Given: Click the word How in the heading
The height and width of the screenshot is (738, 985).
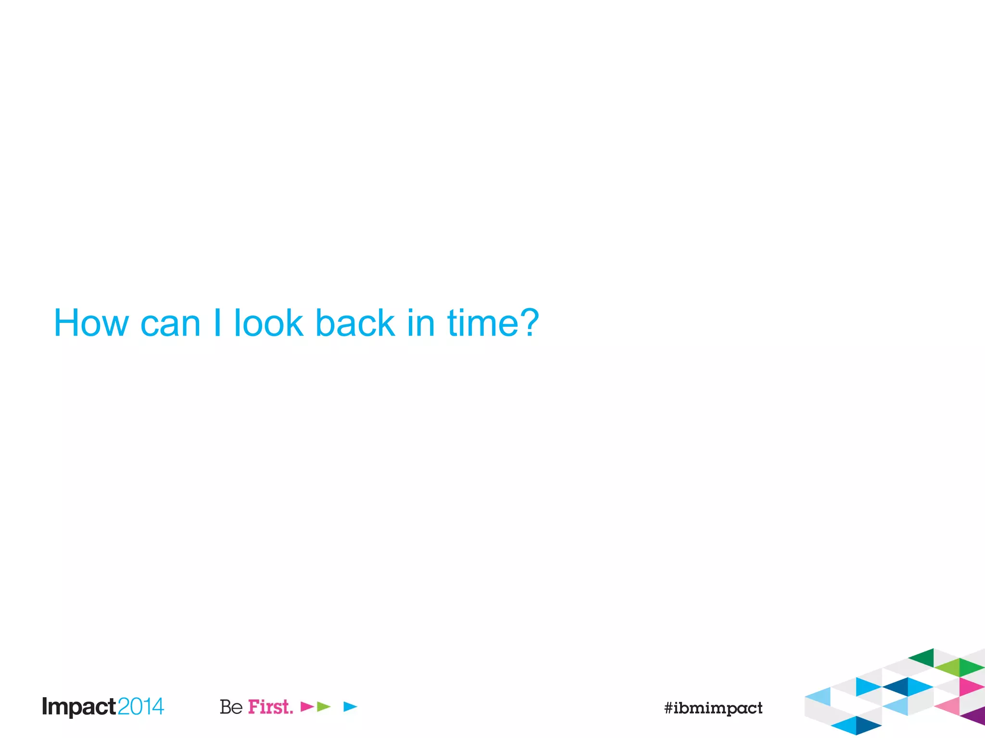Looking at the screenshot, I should click(x=91, y=323).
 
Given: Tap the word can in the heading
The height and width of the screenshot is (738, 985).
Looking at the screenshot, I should click(x=170, y=324).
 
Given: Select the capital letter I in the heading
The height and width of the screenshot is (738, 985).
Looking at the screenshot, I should click(x=217, y=323).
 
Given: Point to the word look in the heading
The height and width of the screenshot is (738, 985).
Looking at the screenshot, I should click(x=268, y=323).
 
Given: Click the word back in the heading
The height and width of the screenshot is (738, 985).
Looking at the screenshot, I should click(x=355, y=323).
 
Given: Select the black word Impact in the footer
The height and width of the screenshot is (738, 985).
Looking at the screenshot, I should click(x=79, y=707).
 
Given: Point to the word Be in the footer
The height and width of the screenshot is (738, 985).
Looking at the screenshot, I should click(x=231, y=707).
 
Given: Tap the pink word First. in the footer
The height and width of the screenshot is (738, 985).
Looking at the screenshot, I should click(x=270, y=707).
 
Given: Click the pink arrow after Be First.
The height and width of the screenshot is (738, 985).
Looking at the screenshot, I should click(x=306, y=706).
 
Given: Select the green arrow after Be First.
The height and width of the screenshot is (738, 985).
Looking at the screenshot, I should click(x=324, y=706).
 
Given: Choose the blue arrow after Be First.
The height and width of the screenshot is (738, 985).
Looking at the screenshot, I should click(x=350, y=706).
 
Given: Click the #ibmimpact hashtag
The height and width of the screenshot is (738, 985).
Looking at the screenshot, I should click(x=713, y=708).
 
